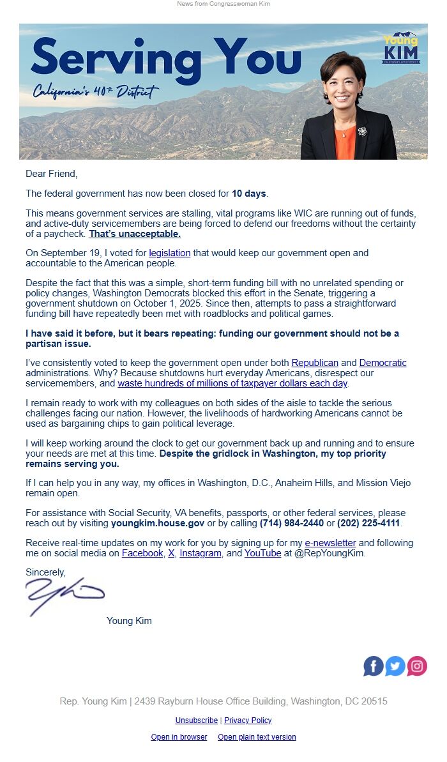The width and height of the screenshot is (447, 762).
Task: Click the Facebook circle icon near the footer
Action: coord(374,666)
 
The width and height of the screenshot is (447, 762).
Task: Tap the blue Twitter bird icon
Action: coord(395,666)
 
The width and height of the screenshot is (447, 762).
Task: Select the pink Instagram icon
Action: coord(417,666)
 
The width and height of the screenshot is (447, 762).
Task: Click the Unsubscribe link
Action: coord(196,720)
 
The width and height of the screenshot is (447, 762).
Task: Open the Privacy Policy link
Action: coord(248,720)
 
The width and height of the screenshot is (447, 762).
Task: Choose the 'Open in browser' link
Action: coord(179,737)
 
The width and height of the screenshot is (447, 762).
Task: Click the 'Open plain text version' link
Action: coord(257,737)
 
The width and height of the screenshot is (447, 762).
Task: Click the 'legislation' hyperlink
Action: coord(170,253)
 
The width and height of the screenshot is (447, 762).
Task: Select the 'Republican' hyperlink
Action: coord(315,363)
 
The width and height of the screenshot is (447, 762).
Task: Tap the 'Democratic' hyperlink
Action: coord(383,363)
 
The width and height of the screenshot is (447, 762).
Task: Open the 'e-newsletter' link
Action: coord(330,543)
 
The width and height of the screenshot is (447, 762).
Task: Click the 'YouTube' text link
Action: coord(262,553)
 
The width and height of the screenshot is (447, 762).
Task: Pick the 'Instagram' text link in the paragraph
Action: coord(201,553)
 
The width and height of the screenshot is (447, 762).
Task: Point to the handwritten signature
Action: coord(64,595)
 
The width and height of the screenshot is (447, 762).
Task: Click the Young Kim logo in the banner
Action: coord(401,48)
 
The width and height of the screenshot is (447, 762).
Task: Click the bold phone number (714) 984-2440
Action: coord(291,523)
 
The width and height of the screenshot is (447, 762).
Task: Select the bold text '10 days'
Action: coord(248,194)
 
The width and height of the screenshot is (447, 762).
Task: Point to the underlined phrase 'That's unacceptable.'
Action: coord(135,234)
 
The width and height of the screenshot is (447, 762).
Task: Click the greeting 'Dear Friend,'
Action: coord(51,174)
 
